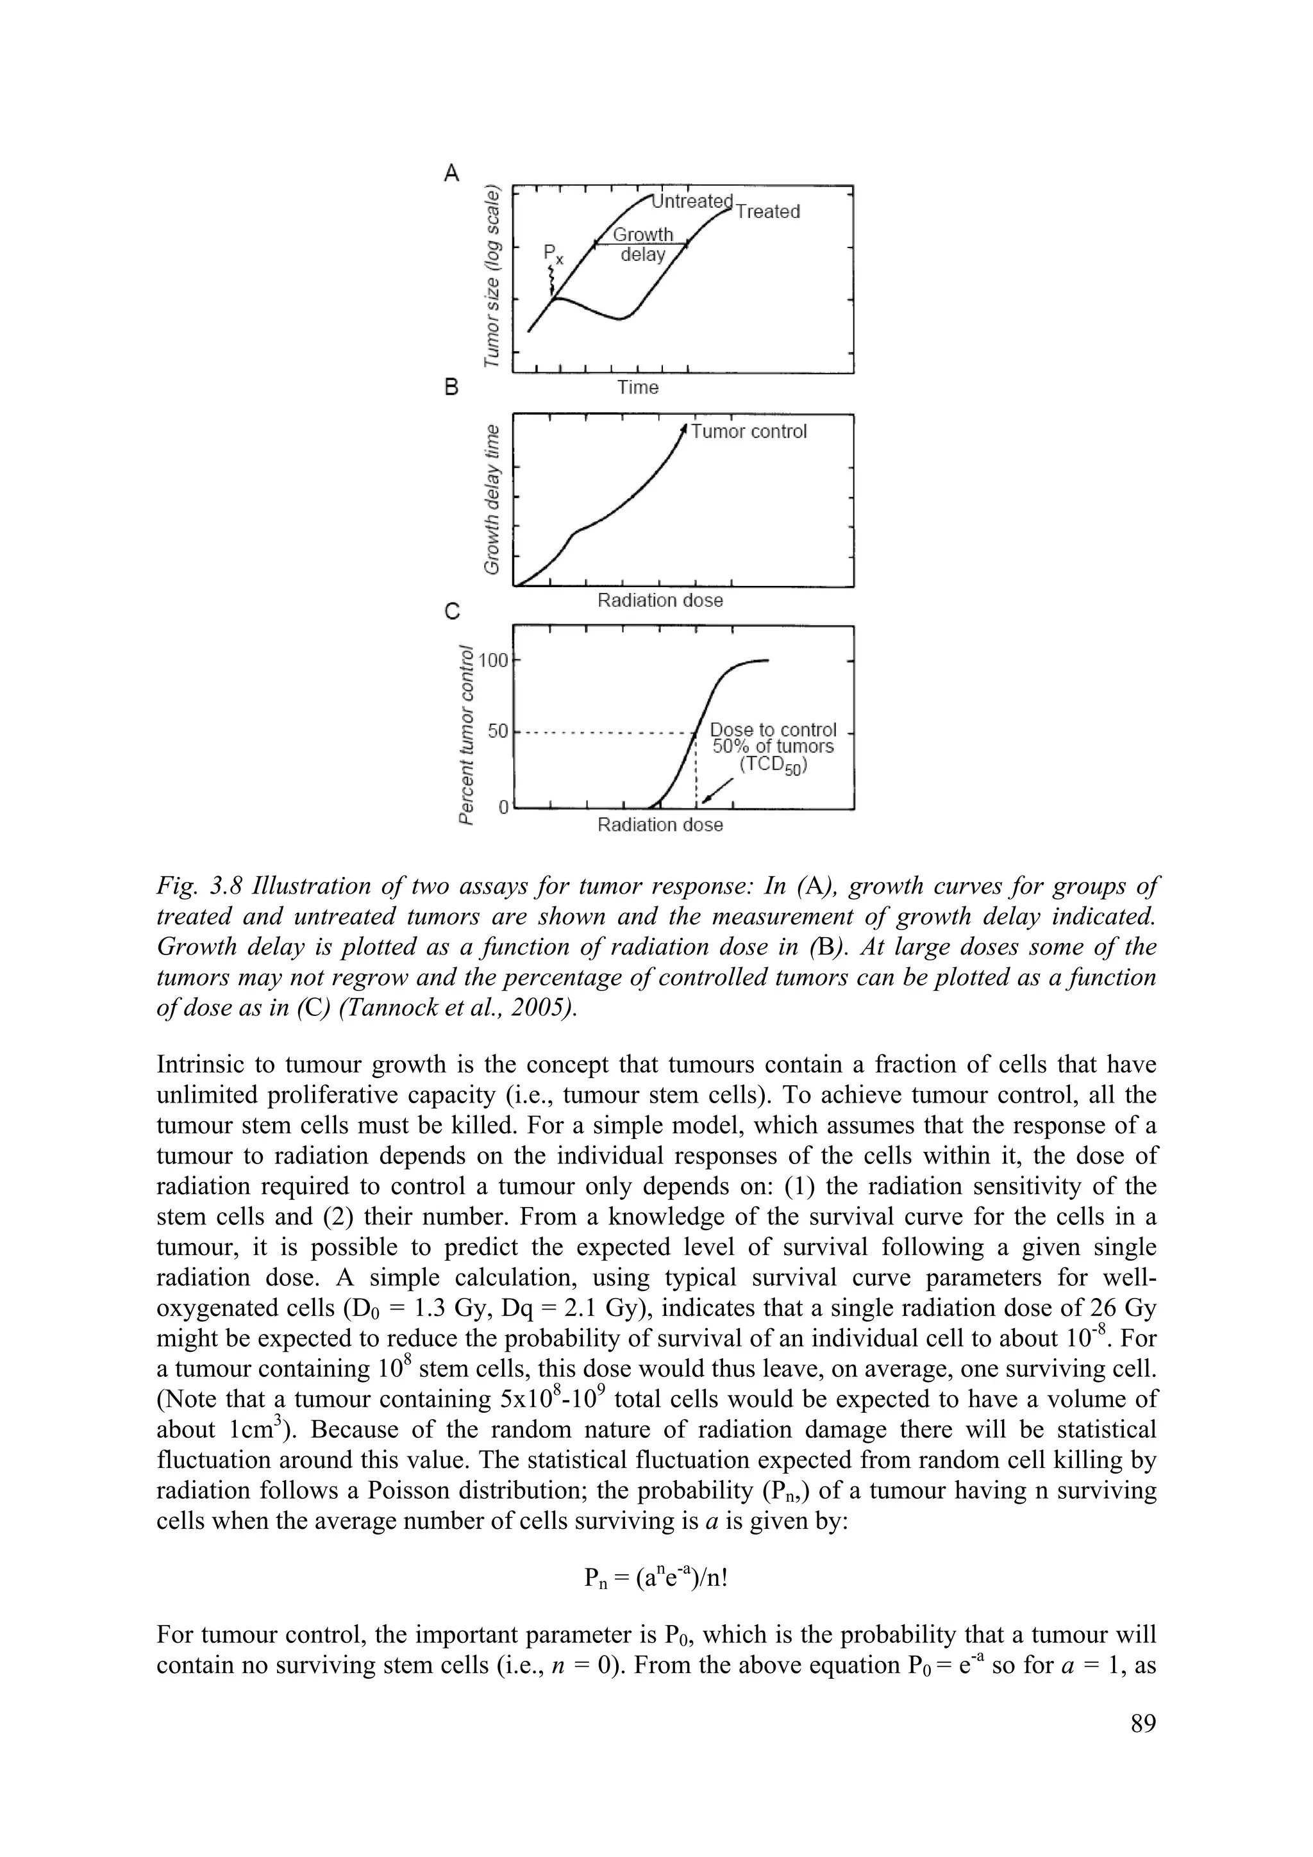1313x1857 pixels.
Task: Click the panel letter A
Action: coord(452,172)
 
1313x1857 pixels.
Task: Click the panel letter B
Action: coord(452,387)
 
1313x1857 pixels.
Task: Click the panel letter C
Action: coord(452,612)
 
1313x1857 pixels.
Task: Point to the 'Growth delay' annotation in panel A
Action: coord(643,244)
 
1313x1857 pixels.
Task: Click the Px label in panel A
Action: coord(553,257)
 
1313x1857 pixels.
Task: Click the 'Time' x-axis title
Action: coord(639,388)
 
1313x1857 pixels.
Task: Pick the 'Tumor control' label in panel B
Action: coord(749,432)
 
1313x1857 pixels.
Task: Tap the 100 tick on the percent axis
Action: coord(492,661)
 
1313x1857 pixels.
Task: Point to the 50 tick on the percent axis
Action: coord(498,732)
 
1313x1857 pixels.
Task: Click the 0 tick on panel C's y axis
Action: coord(503,807)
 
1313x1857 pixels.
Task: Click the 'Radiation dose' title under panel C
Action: coord(660,825)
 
